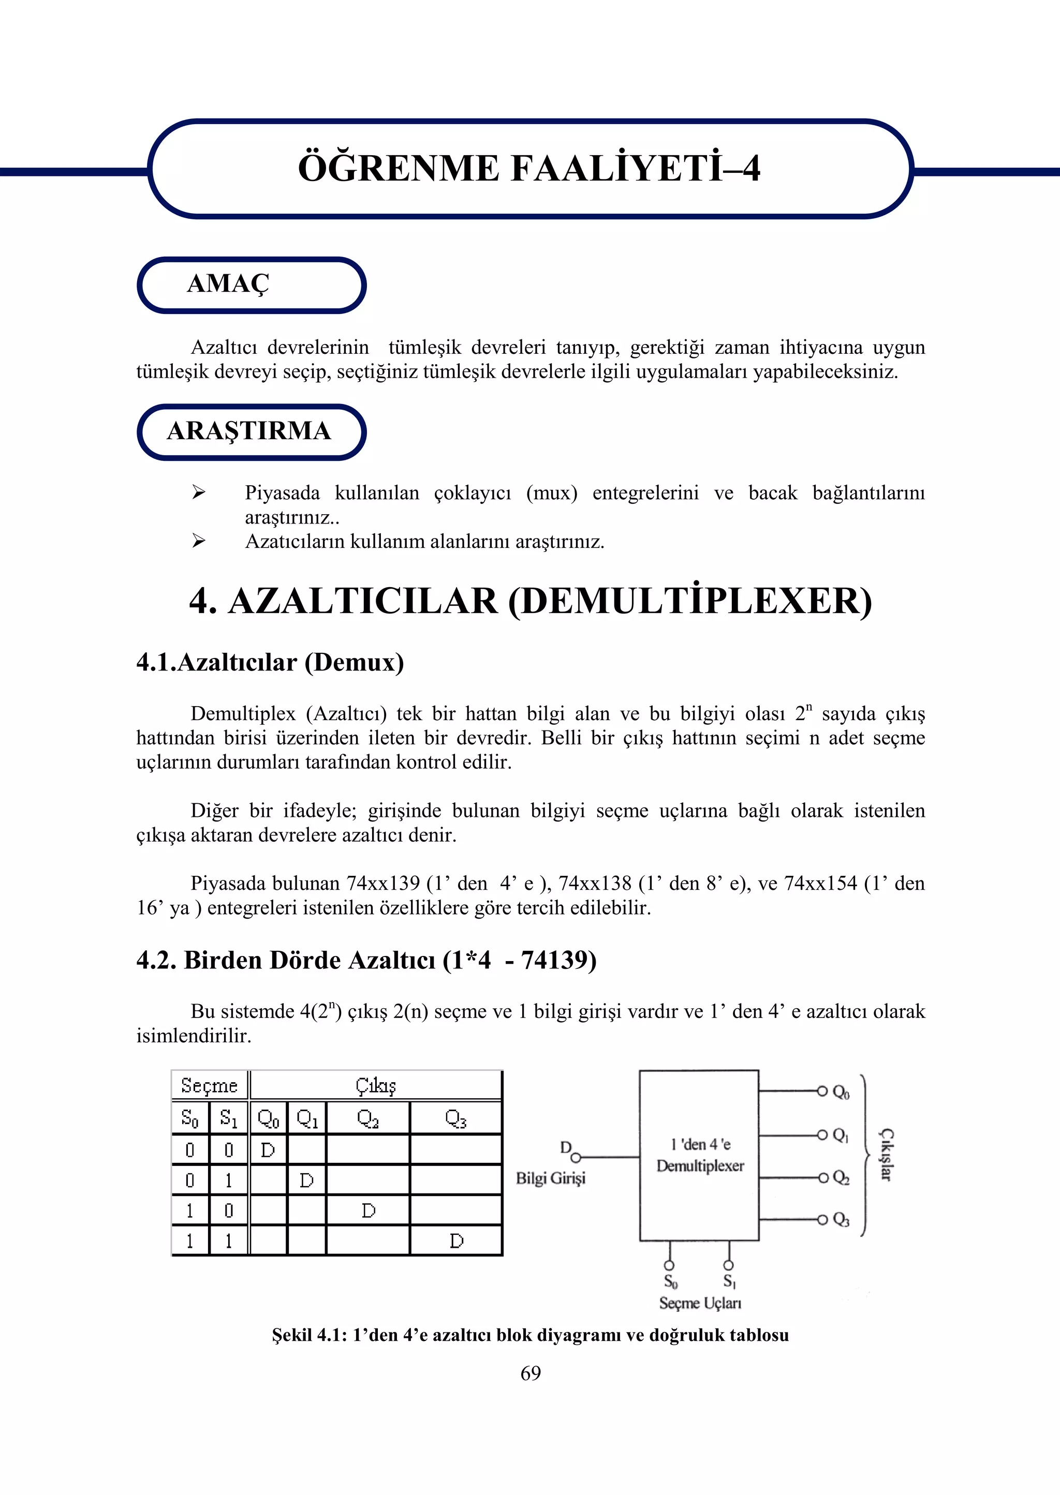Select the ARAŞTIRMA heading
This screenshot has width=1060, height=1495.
249,431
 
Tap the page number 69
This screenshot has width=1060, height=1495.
530,1373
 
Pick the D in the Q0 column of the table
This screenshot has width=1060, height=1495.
268,1150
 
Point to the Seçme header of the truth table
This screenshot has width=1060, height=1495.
209,1086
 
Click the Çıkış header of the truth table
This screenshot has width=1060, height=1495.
375,1086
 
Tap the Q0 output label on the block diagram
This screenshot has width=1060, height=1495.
841,1092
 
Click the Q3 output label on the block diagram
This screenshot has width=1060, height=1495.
841,1220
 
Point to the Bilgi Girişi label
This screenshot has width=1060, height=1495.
550,1178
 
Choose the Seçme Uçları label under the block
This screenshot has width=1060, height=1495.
700,1303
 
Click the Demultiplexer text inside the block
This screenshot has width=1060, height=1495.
700,1165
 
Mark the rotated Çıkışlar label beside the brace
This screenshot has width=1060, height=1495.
886,1155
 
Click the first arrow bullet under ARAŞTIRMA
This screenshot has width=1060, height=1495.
198,492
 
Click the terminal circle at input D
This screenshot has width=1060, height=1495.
576,1158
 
